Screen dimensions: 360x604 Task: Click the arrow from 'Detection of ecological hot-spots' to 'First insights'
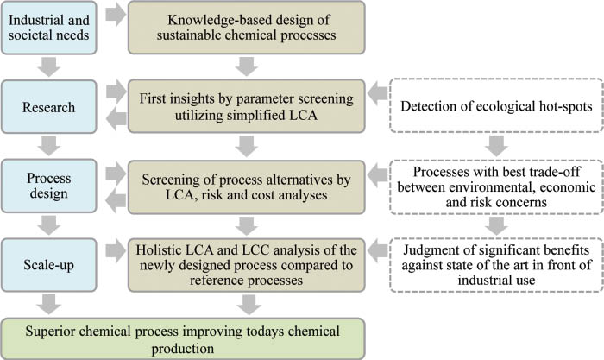coord(379,89)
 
